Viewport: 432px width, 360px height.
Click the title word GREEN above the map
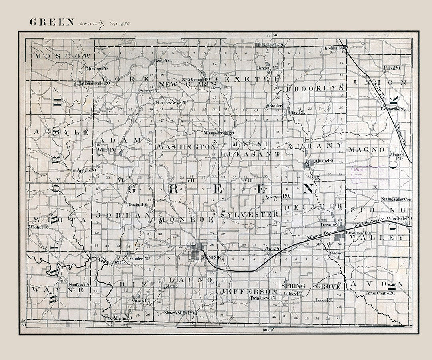coord(52,22)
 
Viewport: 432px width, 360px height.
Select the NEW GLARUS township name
coord(187,84)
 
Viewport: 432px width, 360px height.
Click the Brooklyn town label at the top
coord(331,48)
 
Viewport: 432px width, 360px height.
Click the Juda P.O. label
coord(272,249)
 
